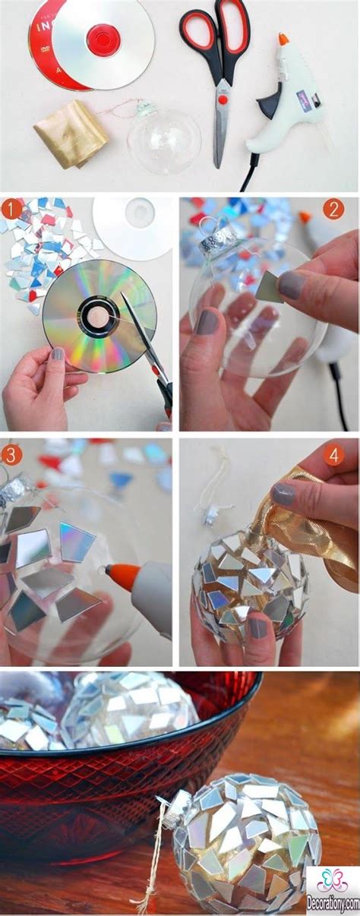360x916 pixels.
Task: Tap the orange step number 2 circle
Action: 333,210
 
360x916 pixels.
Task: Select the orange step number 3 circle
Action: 11,454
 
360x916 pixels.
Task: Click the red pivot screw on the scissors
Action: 223,99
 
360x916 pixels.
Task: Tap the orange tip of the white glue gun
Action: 283,38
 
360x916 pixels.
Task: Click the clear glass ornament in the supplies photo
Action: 163,140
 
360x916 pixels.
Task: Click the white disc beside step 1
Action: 132,229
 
